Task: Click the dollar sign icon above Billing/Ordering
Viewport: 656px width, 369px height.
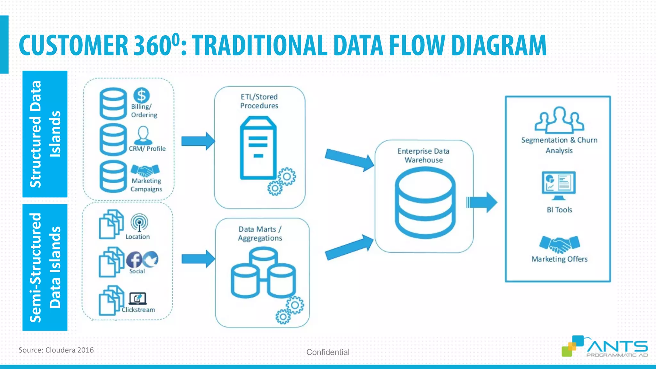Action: pos(141,95)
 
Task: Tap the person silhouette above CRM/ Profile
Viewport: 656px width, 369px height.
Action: pos(143,135)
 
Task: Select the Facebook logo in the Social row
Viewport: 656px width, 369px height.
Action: pos(134,259)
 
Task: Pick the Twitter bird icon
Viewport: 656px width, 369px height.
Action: pos(151,259)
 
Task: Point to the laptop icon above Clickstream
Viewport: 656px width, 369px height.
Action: pos(138,299)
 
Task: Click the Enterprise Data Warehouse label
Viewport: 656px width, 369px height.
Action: pos(423,155)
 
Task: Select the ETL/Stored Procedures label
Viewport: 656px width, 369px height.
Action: pos(259,101)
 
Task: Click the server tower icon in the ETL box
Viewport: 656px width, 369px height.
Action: pos(258,148)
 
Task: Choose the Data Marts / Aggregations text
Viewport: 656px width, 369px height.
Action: pos(260,234)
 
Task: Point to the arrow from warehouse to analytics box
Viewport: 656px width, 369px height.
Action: pos(482,202)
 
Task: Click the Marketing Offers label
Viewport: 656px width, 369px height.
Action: pos(559,259)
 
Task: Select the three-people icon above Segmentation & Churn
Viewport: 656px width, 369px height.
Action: pos(559,120)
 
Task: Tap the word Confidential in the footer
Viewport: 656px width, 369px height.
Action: pos(328,352)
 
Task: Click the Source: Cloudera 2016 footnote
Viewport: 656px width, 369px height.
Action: pos(56,350)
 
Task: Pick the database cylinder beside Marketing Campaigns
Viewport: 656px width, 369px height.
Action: pos(113,176)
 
